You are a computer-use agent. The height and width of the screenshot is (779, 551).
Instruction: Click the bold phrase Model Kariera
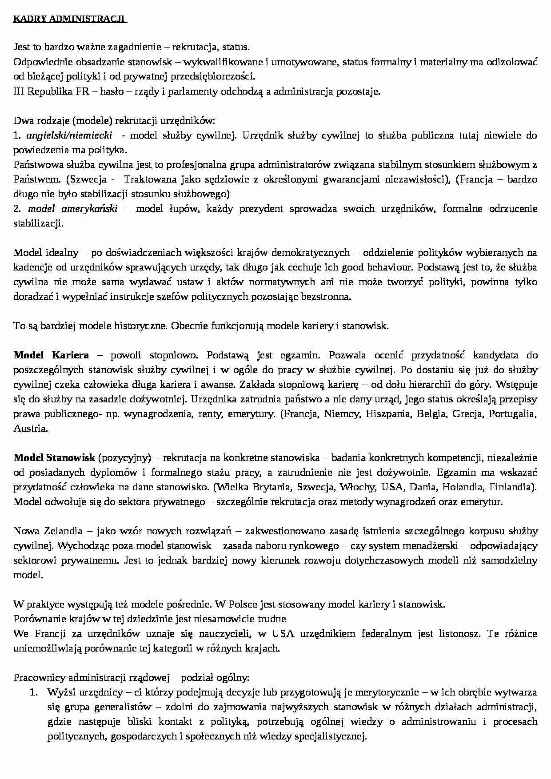coord(51,355)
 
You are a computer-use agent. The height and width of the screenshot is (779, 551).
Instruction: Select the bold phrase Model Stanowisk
coord(54,458)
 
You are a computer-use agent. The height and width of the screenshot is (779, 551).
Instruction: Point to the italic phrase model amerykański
coord(73,209)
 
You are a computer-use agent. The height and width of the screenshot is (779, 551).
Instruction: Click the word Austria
coord(30,429)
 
